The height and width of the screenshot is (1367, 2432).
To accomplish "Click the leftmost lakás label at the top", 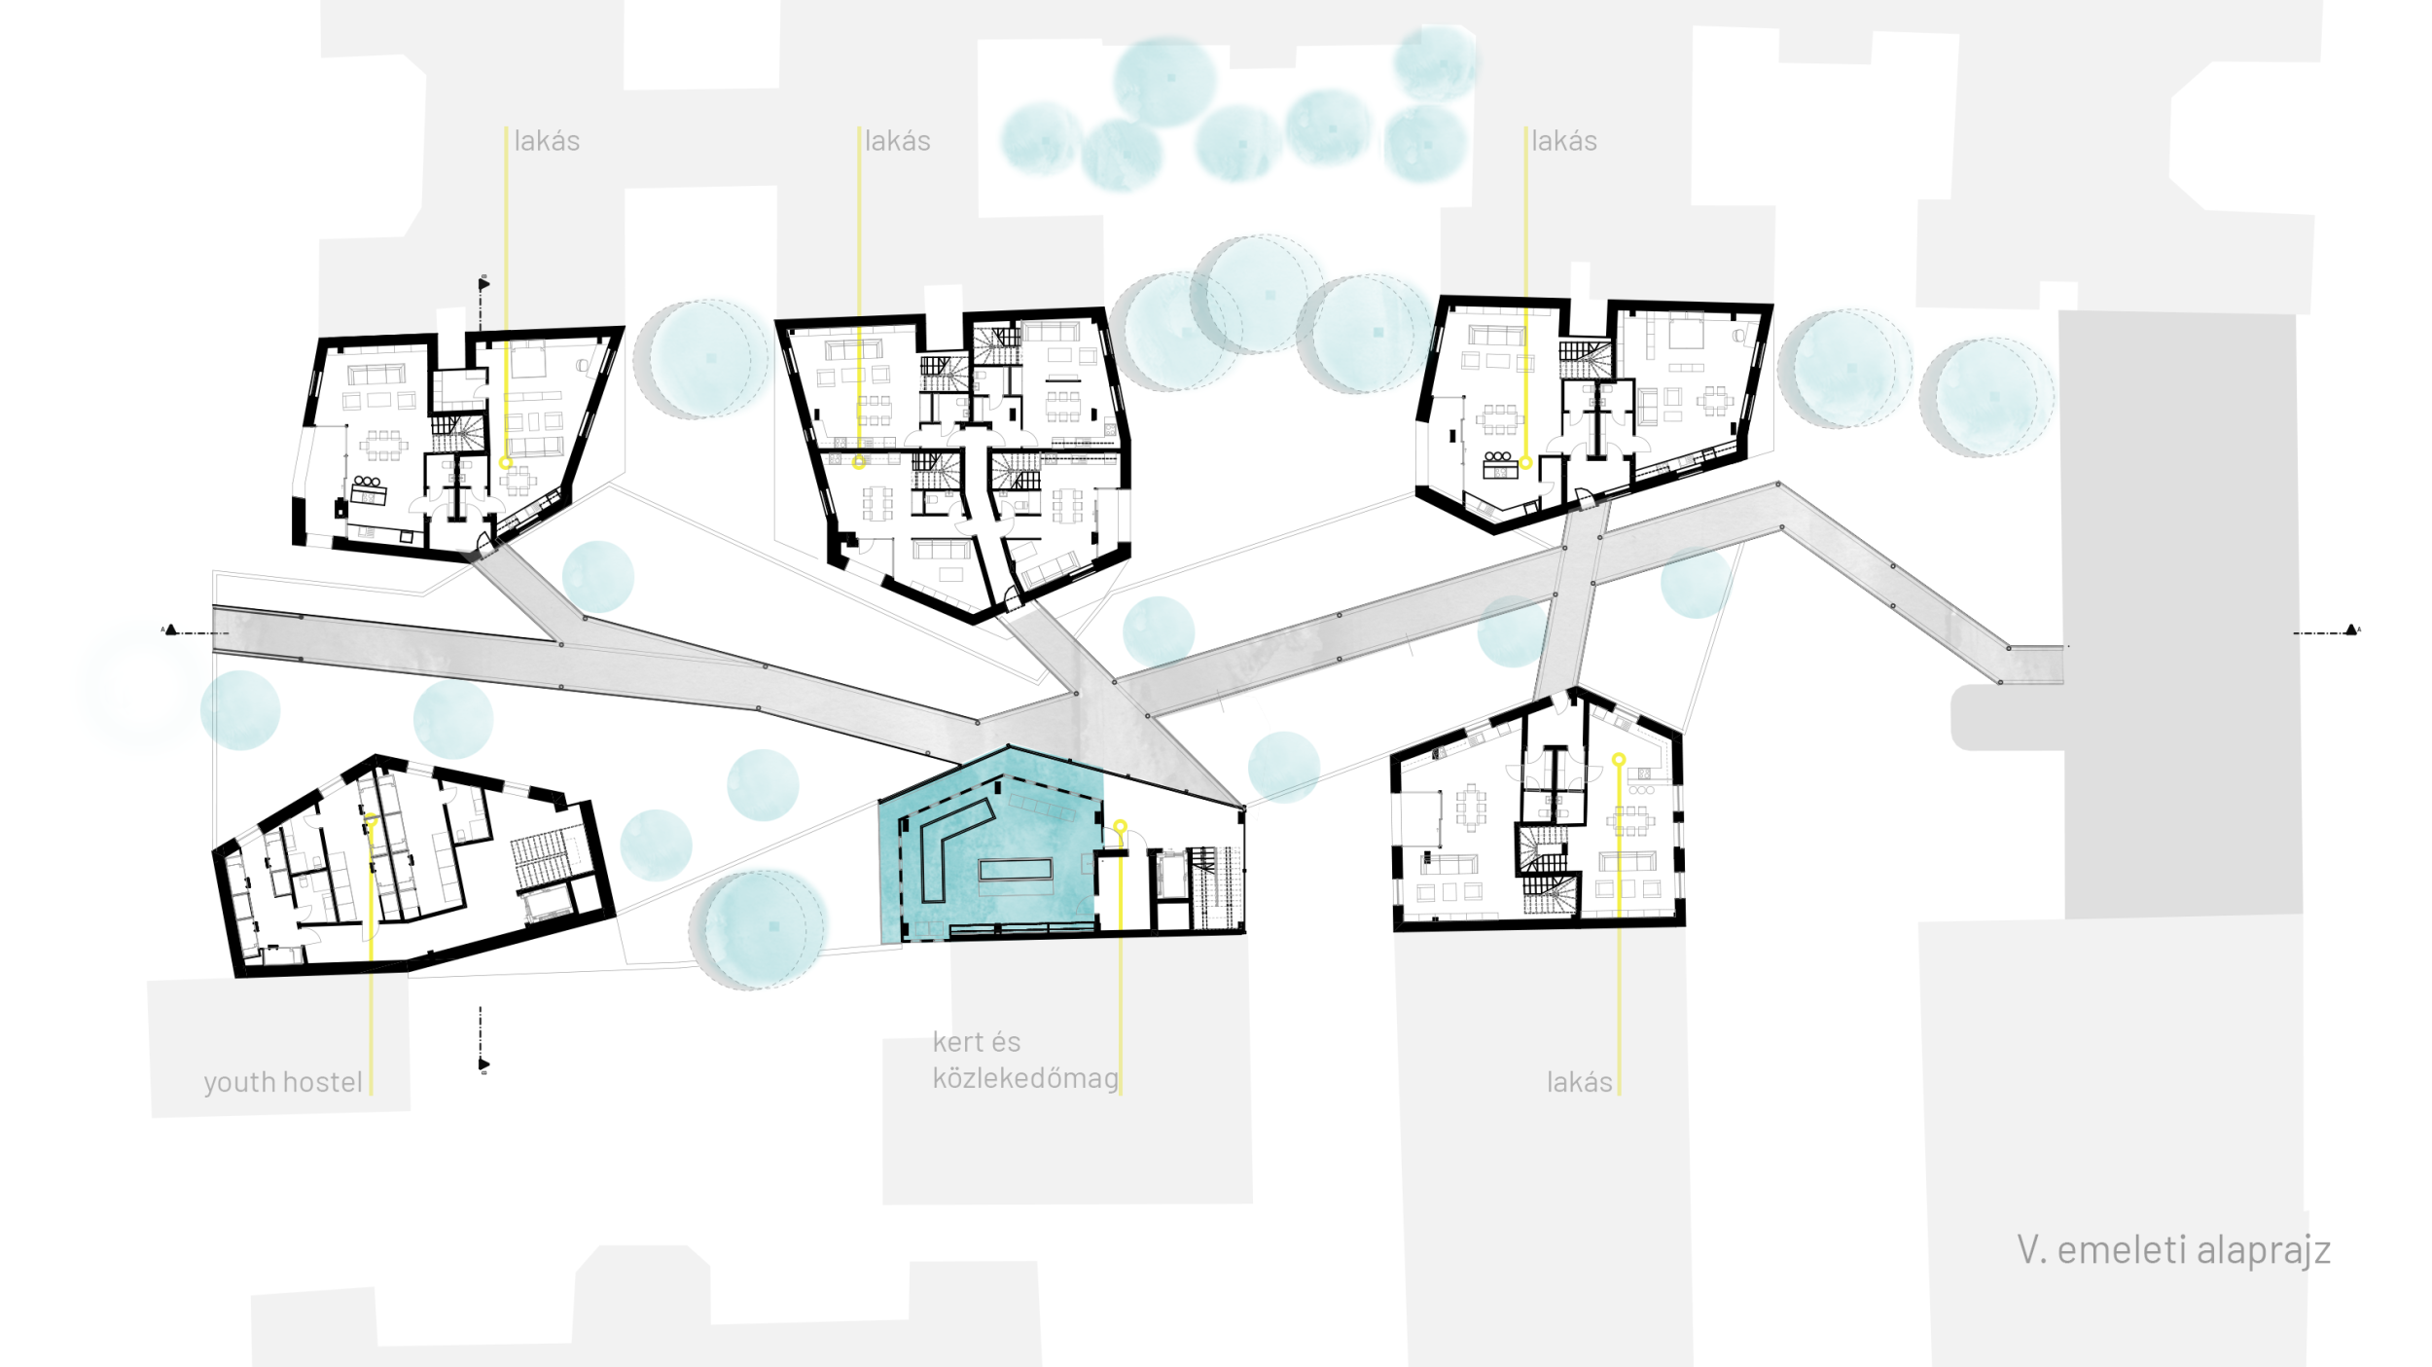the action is (x=547, y=141).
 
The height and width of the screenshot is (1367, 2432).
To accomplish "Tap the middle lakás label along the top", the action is (x=897, y=141).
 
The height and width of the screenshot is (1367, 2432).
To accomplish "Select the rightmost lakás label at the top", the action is (x=1563, y=141).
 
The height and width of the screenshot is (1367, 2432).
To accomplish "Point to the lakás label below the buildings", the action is (x=1579, y=1082).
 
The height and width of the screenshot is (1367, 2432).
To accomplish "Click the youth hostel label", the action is (x=282, y=1083).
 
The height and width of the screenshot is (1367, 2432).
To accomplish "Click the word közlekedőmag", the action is (x=1025, y=1079).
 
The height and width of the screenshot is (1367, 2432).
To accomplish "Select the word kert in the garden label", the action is (x=958, y=1042).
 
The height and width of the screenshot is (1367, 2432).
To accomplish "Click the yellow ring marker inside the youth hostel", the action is (x=371, y=823).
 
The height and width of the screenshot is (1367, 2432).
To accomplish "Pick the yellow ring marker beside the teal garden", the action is (x=1120, y=826).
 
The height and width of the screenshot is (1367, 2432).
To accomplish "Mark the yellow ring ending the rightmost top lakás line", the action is (x=1525, y=463).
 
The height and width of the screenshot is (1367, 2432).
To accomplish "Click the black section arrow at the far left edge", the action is (x=171, y=630).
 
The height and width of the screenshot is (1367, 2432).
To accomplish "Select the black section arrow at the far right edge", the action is (x=2351, y=630).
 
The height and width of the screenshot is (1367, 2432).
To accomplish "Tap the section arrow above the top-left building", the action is (x=483, y=284).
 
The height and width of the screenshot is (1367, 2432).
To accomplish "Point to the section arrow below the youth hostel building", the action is (x=483, y=1064).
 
